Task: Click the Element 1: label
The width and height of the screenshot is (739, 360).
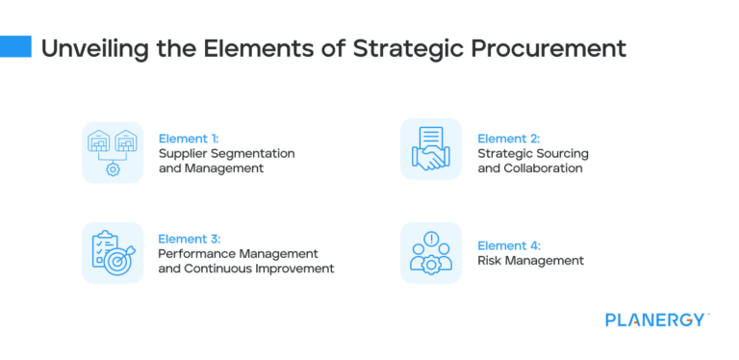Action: (x=191, y=138)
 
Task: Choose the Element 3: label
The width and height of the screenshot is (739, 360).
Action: (x=191, y=238)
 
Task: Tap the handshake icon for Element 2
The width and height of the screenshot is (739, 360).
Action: (x=431, y=149)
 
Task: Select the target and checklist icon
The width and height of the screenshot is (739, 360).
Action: (x=113, y=252)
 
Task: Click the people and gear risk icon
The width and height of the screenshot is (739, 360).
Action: (x=431, y=252)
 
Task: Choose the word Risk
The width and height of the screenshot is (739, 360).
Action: (x=491, y=261)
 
